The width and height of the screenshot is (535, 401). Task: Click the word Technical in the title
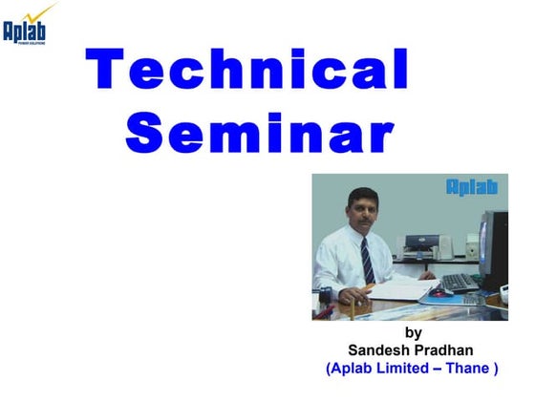(247, 71)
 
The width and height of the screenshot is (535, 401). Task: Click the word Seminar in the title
(259, 135)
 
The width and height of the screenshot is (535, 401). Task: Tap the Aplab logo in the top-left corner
(23, 32)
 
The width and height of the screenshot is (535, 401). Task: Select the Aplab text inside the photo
(472, 188)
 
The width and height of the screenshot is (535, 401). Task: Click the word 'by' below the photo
(413, 333)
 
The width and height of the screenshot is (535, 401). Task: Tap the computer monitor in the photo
(492, 250)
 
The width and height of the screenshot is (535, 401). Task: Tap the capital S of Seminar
(145, 135)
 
